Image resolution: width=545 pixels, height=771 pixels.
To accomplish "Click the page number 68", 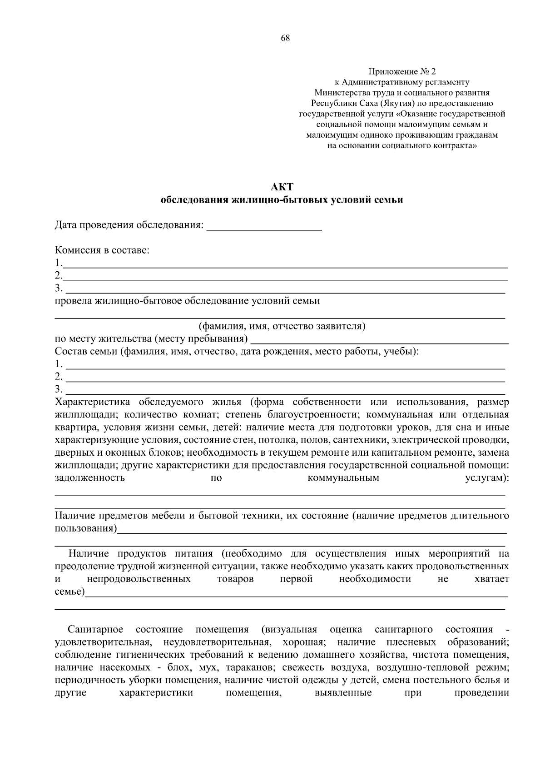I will click(285, 38).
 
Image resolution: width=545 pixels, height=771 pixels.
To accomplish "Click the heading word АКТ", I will click(282, 187).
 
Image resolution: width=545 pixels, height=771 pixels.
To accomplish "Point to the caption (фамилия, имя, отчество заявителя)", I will click(282, 326).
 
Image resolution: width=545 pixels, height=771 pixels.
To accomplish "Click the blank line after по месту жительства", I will click(379, 340).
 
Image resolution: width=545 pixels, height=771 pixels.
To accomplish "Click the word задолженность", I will click(89, 478).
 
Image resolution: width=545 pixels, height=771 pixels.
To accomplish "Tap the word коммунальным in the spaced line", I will click(343, 478).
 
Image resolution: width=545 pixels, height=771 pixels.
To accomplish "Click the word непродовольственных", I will click(139, 579).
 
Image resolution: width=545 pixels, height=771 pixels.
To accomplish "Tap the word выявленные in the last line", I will click(343, 693).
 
